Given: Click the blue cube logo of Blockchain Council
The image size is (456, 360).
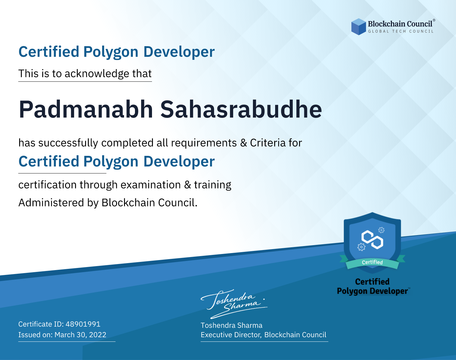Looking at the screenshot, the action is (x=358, y=27).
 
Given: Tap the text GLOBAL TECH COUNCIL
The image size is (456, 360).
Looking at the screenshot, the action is (x=401, y=31).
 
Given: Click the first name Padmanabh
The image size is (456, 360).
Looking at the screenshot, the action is (x=86, y=109).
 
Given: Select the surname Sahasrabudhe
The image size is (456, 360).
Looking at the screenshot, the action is (x=241, y=109).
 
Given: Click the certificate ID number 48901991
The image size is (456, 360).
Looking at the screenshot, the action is (x=83, y=324).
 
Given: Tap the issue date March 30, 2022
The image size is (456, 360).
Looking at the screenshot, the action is (x=80, y=334).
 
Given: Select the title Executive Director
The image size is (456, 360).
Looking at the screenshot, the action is (x=230, y=335).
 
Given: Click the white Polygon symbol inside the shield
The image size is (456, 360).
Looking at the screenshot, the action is (x=372, y=240).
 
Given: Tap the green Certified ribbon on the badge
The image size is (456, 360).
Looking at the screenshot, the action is (x=372, y=262).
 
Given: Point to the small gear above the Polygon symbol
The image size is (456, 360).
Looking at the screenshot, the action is (x=381, y=230).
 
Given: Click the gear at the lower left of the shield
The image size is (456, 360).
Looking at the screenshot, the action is (x=361, y=247).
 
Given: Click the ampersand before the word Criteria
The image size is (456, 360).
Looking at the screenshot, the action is (x=244, y=143).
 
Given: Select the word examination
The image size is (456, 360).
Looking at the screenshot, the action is (x=151, y=185).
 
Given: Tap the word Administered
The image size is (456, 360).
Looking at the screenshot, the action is (x=51, y=202).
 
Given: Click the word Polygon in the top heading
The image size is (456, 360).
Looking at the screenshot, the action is (x=111, y=52).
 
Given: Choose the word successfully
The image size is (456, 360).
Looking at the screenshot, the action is (x=68, y=143).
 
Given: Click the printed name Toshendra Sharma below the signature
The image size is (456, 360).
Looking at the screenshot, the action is (x=231, y=325).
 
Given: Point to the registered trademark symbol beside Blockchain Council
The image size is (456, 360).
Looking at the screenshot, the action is (x=434, y=20).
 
